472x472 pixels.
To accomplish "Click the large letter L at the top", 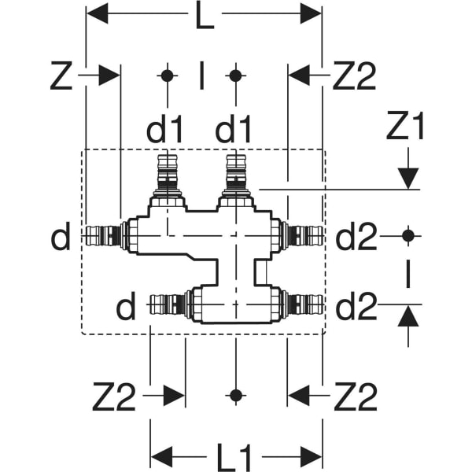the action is pos(205,15).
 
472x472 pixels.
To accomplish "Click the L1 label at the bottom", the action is pos(234,457).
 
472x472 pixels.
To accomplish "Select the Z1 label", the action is pos(405,126).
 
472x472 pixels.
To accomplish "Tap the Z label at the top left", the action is pos(61,76).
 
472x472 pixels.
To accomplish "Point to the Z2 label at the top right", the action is pos(354,76).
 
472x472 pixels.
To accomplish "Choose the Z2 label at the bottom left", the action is pos(114,396).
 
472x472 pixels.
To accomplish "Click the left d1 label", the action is pos(164,128).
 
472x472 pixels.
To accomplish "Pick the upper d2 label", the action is pos(356,236).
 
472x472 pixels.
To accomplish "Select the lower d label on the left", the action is pos(126,306).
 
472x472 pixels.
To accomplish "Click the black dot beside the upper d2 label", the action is pos(408,236).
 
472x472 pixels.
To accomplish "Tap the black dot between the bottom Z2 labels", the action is pos(236,395).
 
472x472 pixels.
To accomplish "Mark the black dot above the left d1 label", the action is pos(168,76).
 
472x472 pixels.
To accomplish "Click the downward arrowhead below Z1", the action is pos(408,179).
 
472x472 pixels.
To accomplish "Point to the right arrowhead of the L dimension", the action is pos(311,13).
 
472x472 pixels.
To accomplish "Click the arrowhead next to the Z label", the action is pos(109,75).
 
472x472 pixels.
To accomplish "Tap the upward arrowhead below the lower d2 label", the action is pos(408,315).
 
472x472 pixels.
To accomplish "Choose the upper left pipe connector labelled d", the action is pos(105,236).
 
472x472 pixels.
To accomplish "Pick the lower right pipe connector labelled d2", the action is pos(303,304).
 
